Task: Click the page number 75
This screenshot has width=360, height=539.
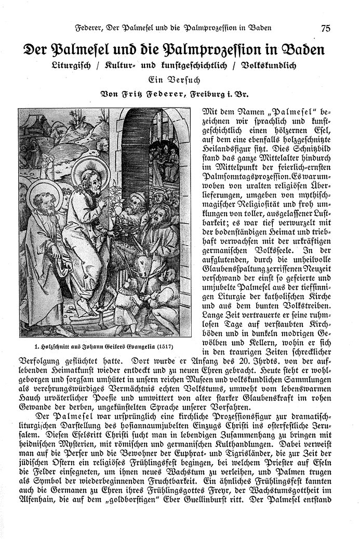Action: pos(325,28)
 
